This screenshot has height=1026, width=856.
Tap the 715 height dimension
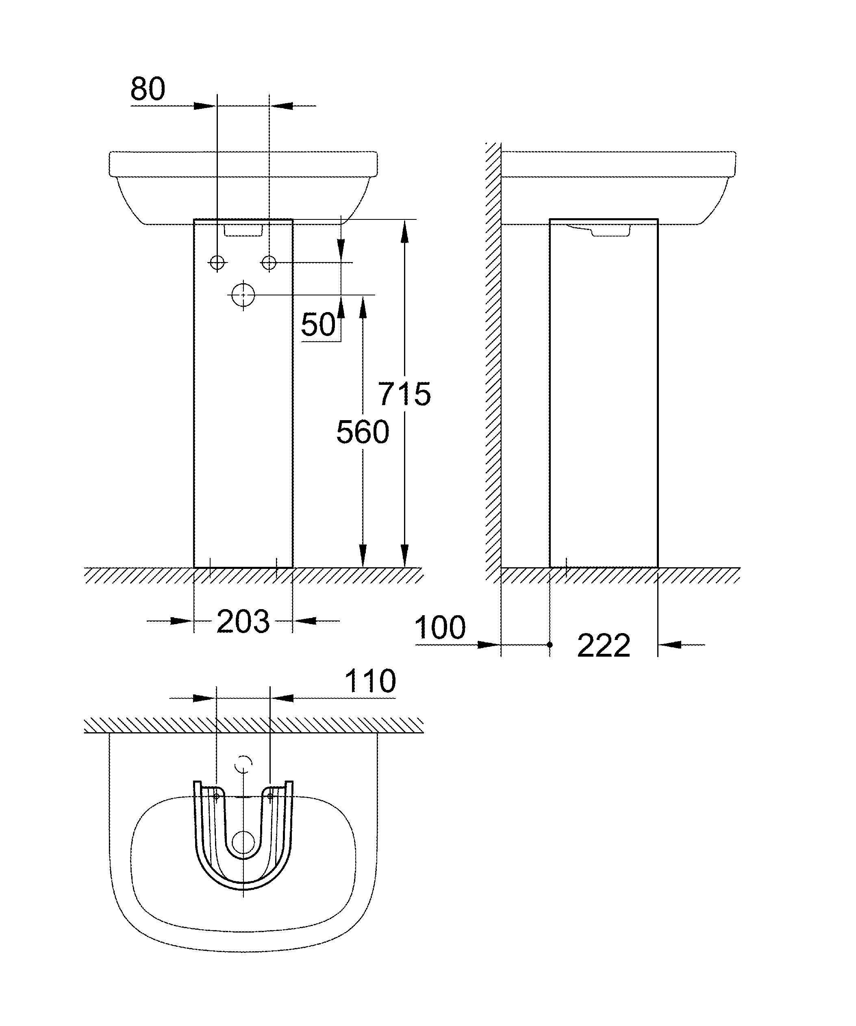pyautogui.click(x=404, y=394)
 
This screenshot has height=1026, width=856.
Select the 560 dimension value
pyautogui.click(x=363, y=432)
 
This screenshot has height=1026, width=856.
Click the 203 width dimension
pyautogui.click(x=243, y=621)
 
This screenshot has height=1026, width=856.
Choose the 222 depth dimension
pyautogui.click(x=604, y=646)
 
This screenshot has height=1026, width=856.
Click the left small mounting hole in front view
pyautogui.click(x=217, y=263)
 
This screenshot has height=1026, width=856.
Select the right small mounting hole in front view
pyautogui.click(x=269, y=263)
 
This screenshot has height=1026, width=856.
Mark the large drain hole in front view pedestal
pyautogui.click(x=243, y=295)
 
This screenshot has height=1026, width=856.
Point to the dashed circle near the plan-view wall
pyautogui.click(x=243, y=764)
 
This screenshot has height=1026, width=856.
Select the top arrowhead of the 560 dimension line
pyautogui.click(x=363, y=307)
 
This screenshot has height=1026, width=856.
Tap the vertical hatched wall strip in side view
pyautogui.click(x=493, y=363)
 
